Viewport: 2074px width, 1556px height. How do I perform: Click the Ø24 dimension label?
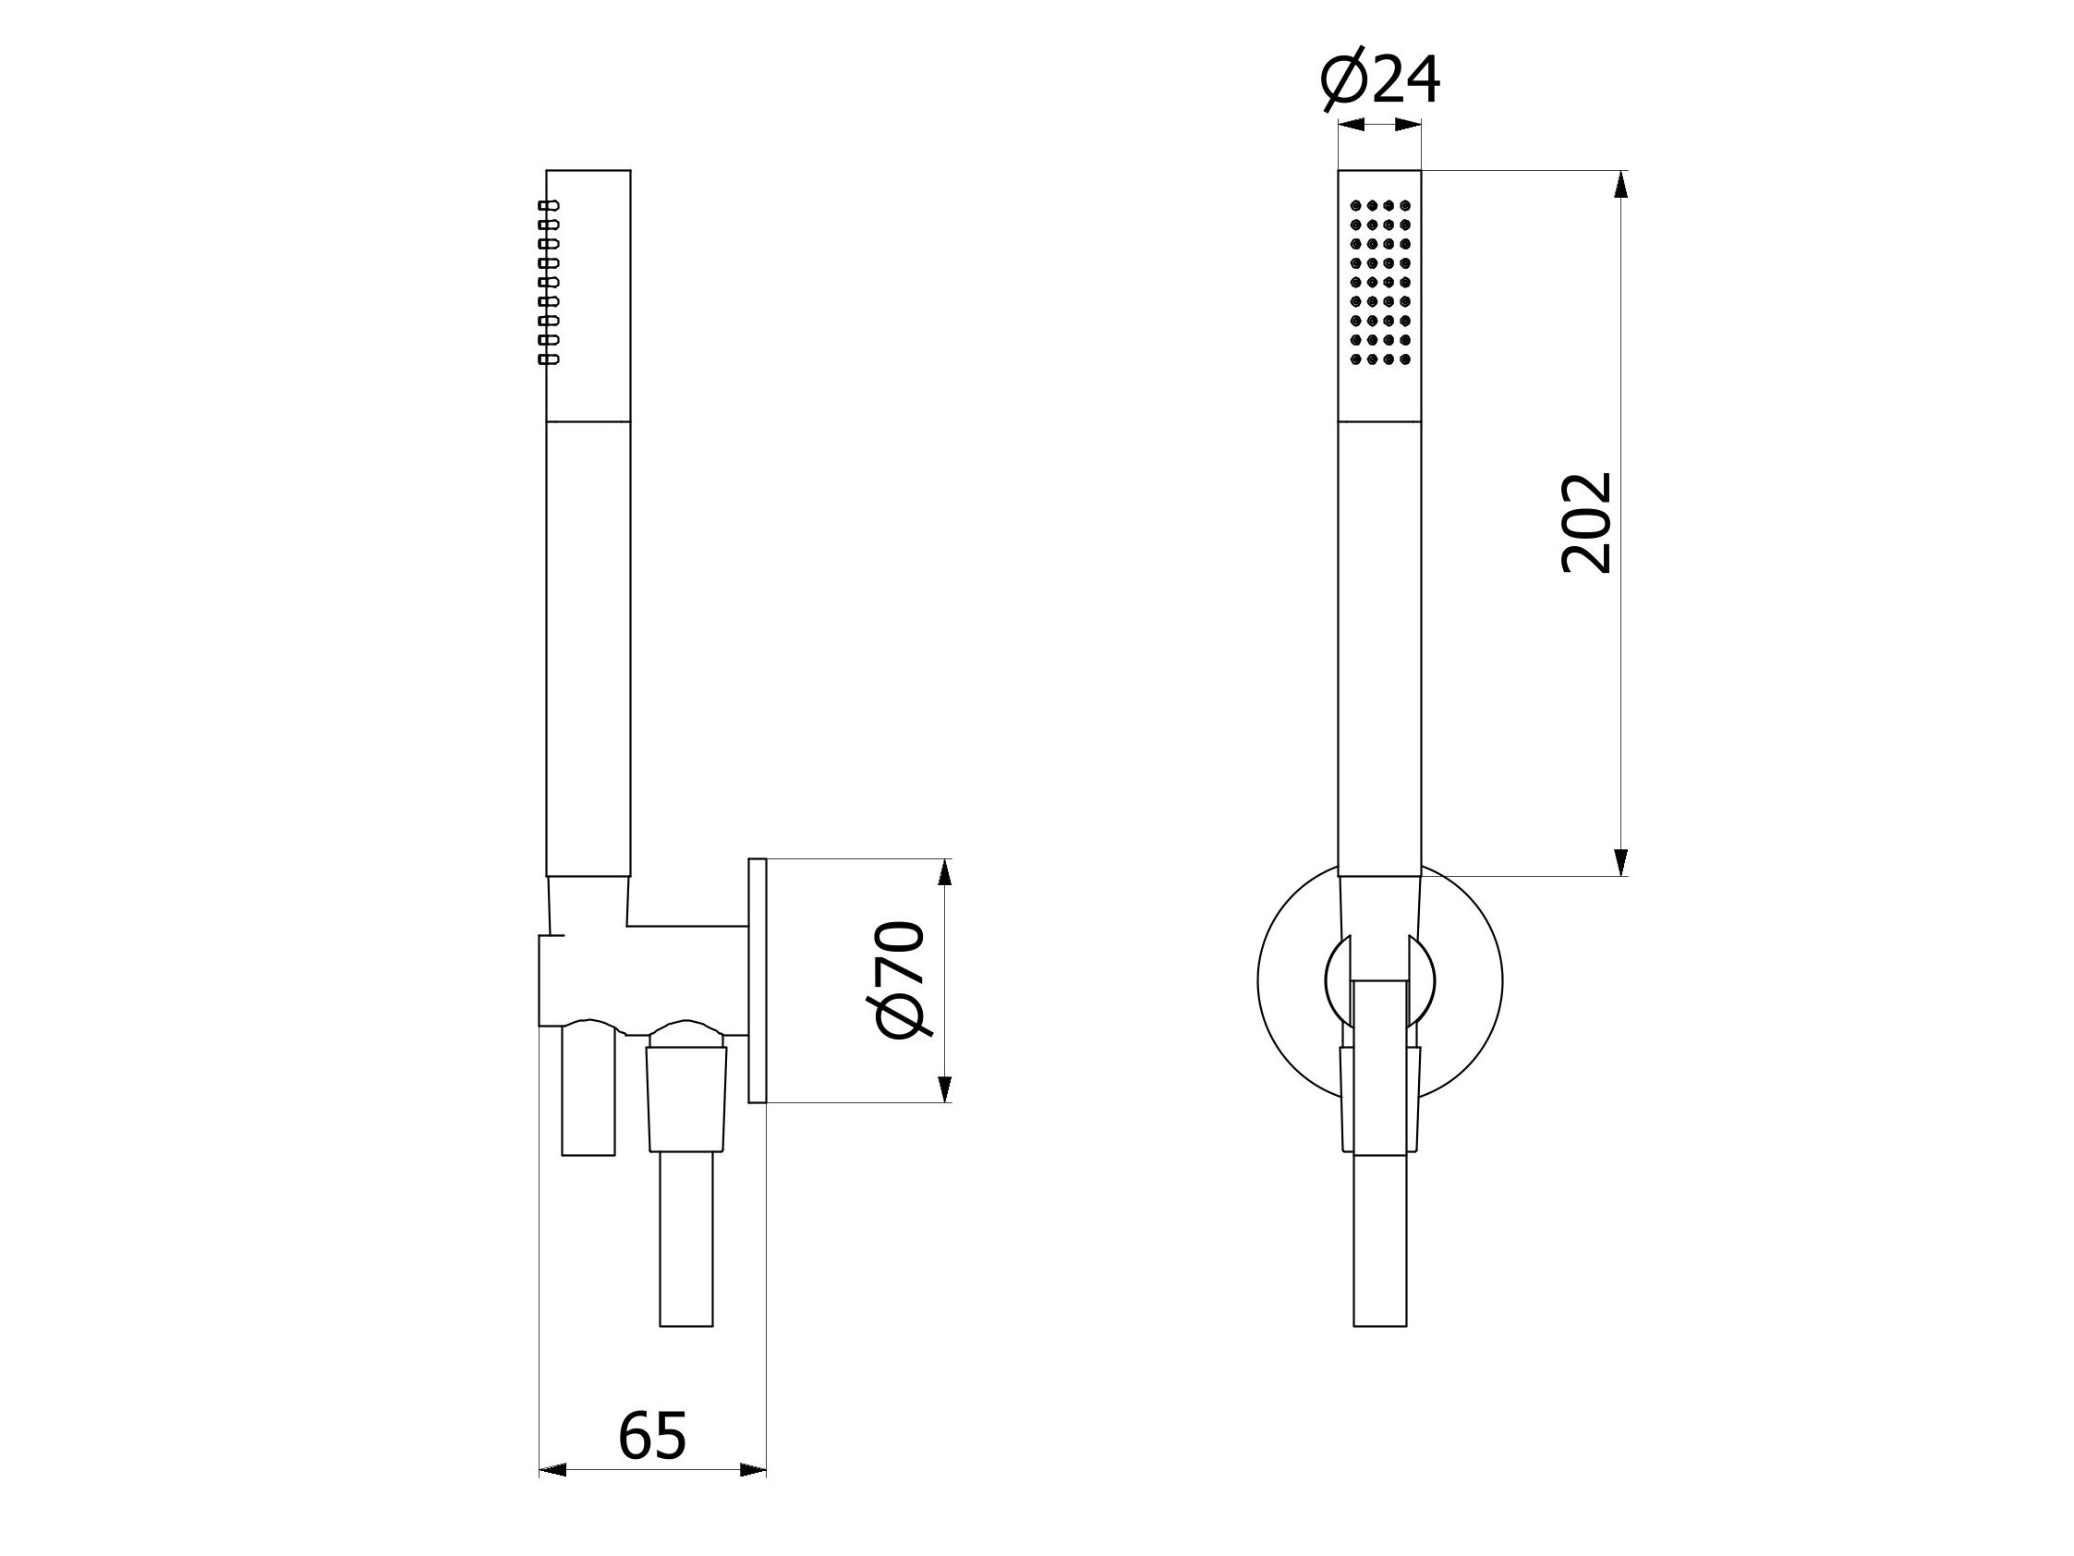tap(1379, 81)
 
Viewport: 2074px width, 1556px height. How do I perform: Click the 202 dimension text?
tap(1586, 522)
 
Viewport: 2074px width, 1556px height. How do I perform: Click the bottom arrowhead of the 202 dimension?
tap(1621, 862)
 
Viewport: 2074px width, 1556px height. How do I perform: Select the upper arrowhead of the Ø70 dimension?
tap(944, 872)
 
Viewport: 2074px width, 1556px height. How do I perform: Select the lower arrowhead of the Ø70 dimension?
tap(944, 1088)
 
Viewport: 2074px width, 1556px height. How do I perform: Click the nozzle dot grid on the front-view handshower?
tap(1379, 283)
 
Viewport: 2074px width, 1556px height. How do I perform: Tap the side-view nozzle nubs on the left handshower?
tap(549, 282)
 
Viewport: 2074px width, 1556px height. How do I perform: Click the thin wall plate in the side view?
tap(758, 980)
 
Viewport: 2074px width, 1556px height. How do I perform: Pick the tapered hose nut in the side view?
tap(686, 1098)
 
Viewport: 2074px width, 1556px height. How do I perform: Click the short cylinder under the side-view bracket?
tap(588, 1093)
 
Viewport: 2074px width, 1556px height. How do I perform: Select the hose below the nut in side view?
tap(686, 1238)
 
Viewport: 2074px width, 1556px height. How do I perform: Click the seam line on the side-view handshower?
tap(588, 421)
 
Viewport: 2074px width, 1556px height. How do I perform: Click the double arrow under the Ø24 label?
tap(1379, 124)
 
